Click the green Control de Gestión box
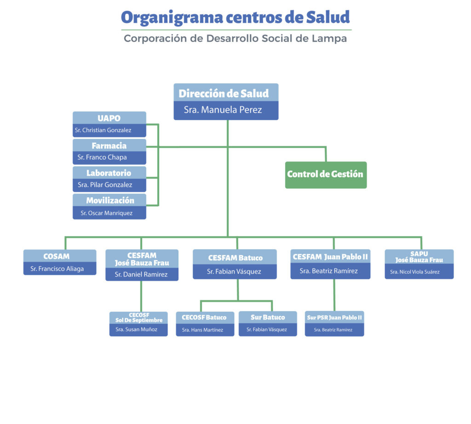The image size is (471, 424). coord(326,175)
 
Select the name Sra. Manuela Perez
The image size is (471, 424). coord(223,110)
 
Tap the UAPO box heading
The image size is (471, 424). coord(109,118)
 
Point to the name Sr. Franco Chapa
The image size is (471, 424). coord(102,157)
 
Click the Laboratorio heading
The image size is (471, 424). coord(109,173)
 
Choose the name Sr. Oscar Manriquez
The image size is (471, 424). coord(106,213)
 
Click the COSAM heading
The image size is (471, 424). coord(57,256)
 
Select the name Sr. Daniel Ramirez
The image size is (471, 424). coord(141,274)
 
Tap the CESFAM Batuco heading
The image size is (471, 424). coord(235,258)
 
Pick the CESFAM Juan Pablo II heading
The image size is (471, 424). coord(330,257)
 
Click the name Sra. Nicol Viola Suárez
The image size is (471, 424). coord(415,272)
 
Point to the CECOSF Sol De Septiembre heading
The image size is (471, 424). coord(139,317)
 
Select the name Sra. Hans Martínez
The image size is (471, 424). coord(202,330)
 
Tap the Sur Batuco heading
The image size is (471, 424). coord(268,317)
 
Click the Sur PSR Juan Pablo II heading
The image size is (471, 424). coord(334,317)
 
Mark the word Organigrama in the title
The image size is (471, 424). coord(172,18)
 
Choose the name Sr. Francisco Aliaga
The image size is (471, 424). coord(57,269)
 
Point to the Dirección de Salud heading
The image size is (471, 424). coord(224,93)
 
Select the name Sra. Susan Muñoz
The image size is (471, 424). coord(136,329)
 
